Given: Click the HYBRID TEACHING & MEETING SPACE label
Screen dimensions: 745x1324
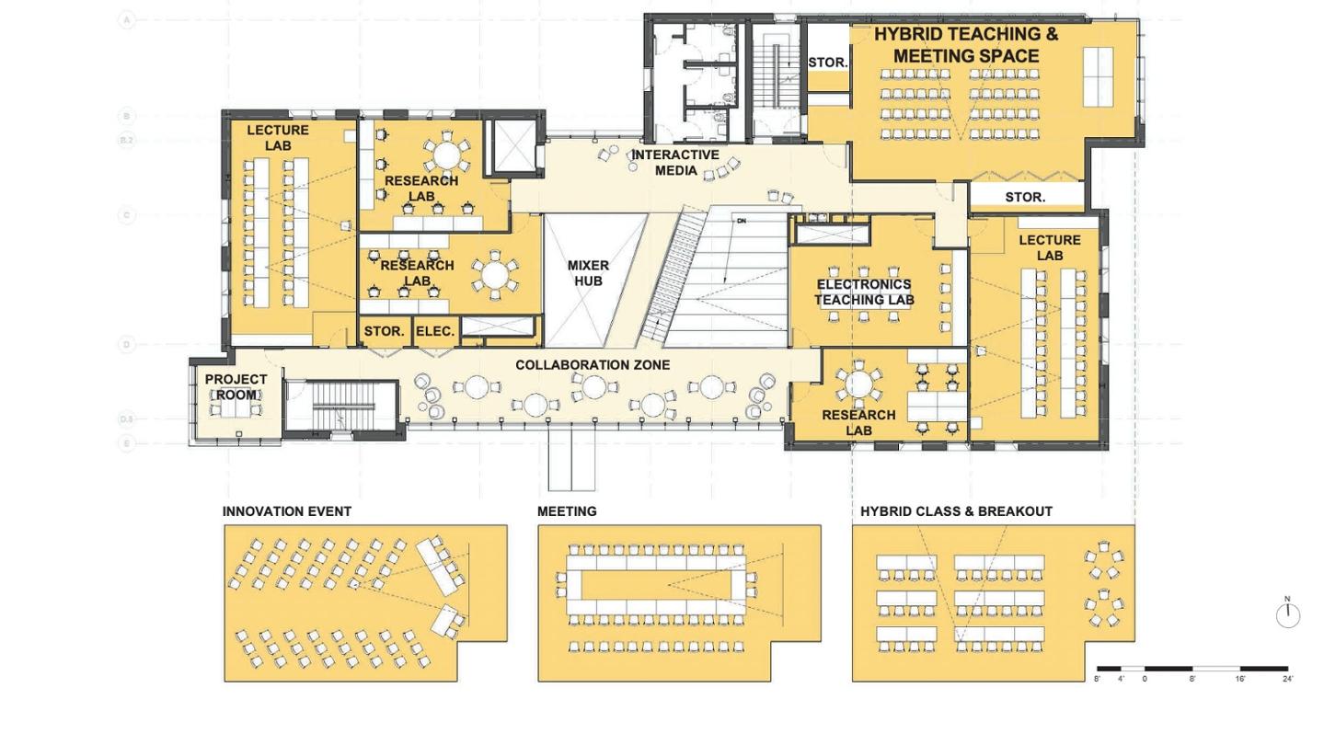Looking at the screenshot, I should (965, 45).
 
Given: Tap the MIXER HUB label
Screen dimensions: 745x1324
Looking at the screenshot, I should (588, 273).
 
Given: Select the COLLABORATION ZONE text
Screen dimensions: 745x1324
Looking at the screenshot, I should (593, 365).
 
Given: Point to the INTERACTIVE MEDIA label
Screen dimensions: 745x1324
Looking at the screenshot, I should (675, 163).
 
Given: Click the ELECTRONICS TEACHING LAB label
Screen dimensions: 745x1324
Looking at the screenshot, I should (863, 292).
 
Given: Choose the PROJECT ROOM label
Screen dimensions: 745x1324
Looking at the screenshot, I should (236, 387).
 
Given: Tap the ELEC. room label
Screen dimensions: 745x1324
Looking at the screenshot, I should (435, 331).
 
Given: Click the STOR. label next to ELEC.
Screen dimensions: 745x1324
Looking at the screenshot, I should (384, 331).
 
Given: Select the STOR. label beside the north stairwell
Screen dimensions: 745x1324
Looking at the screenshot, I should (827, 63).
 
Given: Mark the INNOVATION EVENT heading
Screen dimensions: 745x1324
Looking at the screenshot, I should (286, 511).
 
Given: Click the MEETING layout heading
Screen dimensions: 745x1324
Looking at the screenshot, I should (567, 511).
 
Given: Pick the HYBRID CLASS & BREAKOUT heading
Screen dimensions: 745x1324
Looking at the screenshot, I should (956, 511).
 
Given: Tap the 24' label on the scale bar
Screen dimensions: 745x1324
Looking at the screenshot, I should (1287, 680).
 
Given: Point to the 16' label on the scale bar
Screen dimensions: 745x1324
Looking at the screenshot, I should (1239, 680).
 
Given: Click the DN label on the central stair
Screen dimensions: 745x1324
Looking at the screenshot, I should (741, 221).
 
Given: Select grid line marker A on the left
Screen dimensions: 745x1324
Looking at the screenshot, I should (127, 19).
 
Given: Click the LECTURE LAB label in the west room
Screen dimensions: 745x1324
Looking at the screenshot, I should (278, 138).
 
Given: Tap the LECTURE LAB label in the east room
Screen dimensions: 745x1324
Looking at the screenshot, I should (1050, 248).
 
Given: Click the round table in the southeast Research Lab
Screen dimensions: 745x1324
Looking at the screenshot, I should (858, 384).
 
